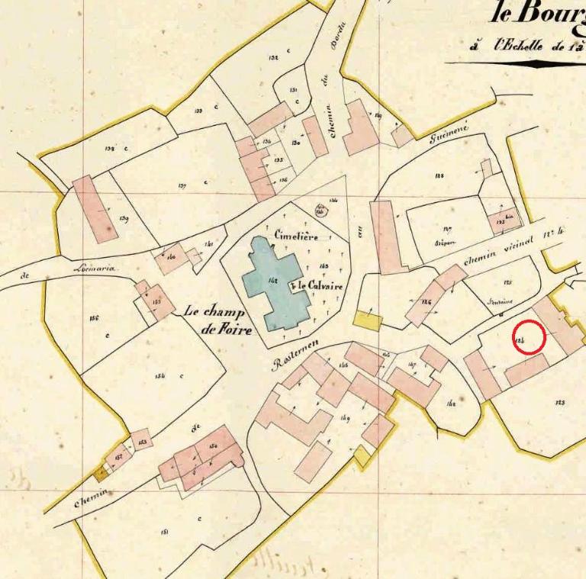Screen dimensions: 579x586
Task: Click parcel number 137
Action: point(182,185)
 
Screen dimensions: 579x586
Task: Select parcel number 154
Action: point(160,375)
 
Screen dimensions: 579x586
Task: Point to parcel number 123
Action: point(560,402)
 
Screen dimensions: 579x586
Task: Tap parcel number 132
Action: point(272,58)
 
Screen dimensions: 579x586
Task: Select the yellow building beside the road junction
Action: point(367,321)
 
